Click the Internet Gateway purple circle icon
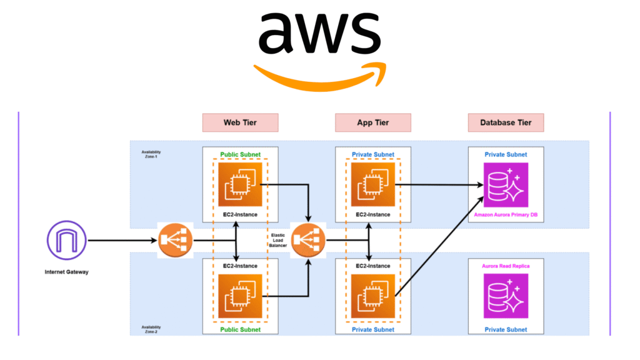[66, 241]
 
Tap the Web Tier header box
[240, 122]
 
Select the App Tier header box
[373, 122]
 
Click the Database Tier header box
[506, 122]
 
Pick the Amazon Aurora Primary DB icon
[506, 185]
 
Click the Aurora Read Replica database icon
[506, 296]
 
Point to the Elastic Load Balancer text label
[279, 241]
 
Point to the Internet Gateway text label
[66, 272]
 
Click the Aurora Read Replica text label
[506, 266]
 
